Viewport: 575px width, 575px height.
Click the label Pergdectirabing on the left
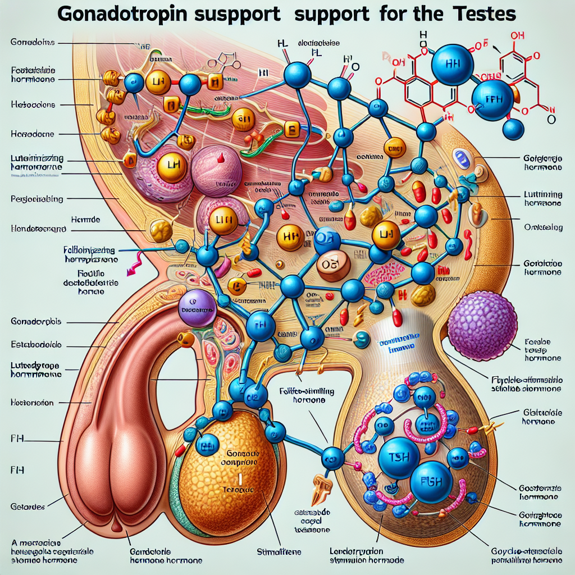[37, 198]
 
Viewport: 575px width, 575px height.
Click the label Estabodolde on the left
[36, 345]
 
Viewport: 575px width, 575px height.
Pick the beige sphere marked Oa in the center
[332, 263]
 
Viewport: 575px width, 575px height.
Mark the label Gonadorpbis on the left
[36, 322]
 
